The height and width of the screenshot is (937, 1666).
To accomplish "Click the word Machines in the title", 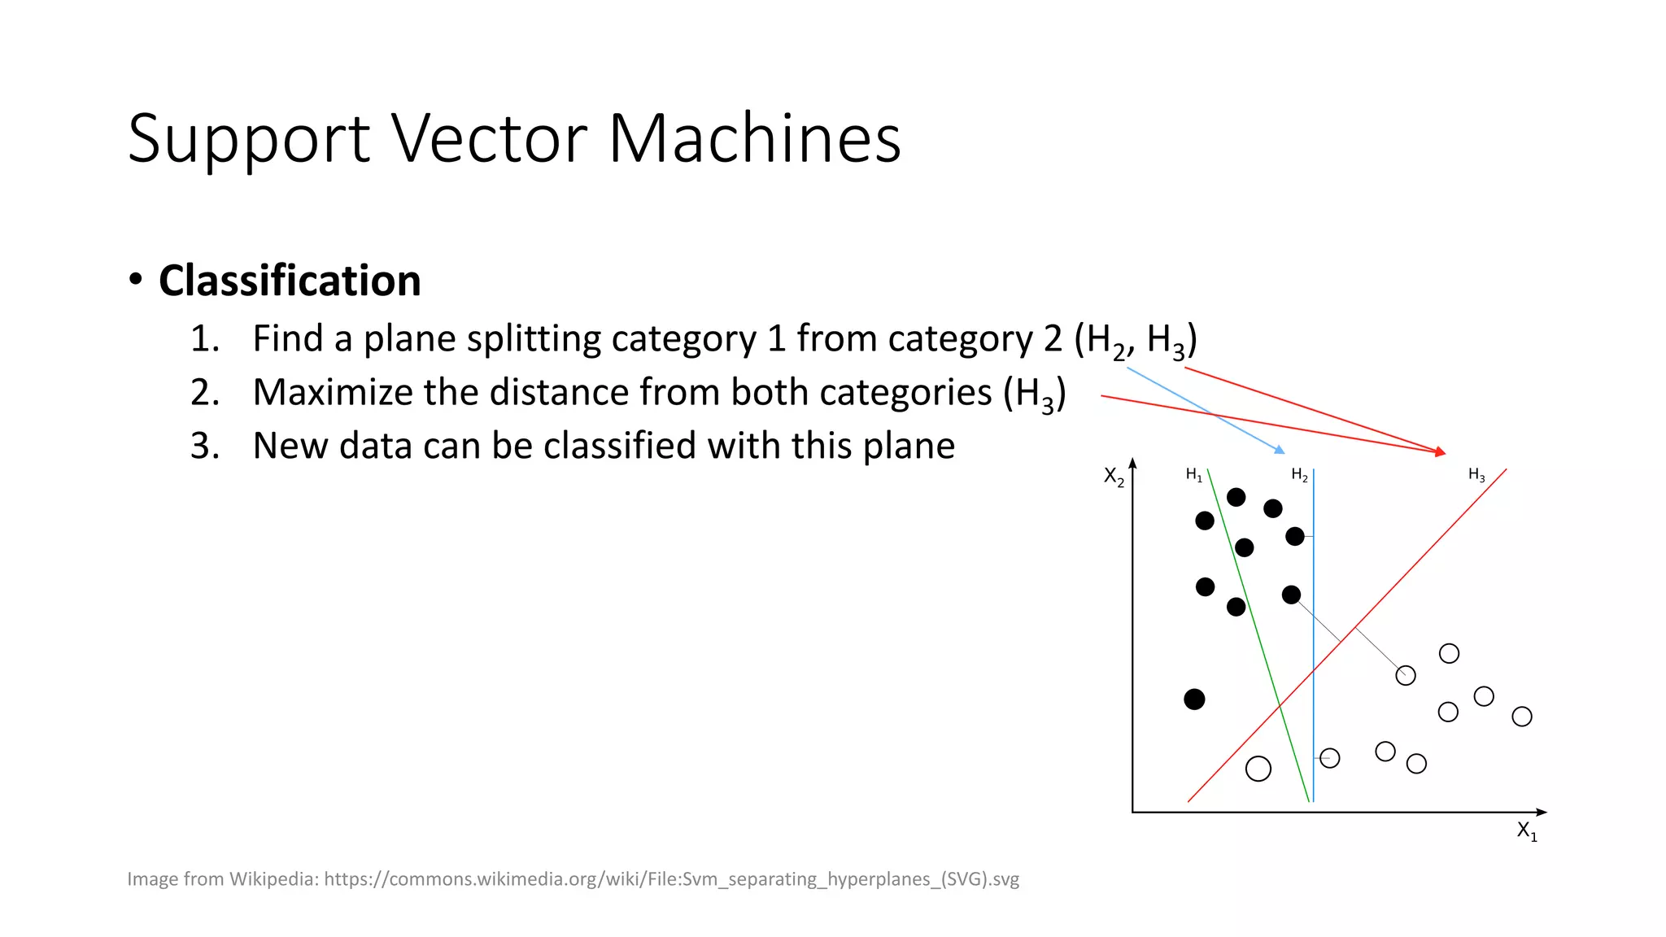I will click(754, 138).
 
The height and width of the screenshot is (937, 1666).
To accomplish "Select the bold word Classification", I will click(290, 281).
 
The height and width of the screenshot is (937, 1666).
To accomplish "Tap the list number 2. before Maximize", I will click(205, 393).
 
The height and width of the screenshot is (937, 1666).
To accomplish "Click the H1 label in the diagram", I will click(1193, 475).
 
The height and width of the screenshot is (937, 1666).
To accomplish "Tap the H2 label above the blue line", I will click(1299, 475).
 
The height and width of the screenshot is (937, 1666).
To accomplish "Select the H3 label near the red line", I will click(1476, 475).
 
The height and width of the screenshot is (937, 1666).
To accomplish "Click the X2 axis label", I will click(1114, 477).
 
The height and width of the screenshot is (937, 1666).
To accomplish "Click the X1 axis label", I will click(1527, 830).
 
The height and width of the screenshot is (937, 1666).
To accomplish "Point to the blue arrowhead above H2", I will click(1280, 450).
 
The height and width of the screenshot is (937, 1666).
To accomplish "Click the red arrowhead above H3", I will click(1441, 451).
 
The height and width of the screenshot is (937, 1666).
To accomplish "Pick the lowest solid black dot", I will click(1194, 699).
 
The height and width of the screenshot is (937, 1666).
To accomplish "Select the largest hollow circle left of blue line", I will click(1258, 769).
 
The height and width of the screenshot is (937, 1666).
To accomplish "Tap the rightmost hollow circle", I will click(1522, 717).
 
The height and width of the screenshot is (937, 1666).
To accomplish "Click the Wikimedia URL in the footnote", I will click(671, 879).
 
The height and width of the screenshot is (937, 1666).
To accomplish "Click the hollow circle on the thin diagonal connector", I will click(1406, 675).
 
